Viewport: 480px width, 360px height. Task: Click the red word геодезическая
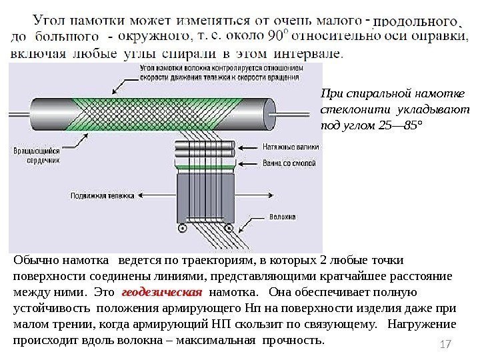tap(163, 292)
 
